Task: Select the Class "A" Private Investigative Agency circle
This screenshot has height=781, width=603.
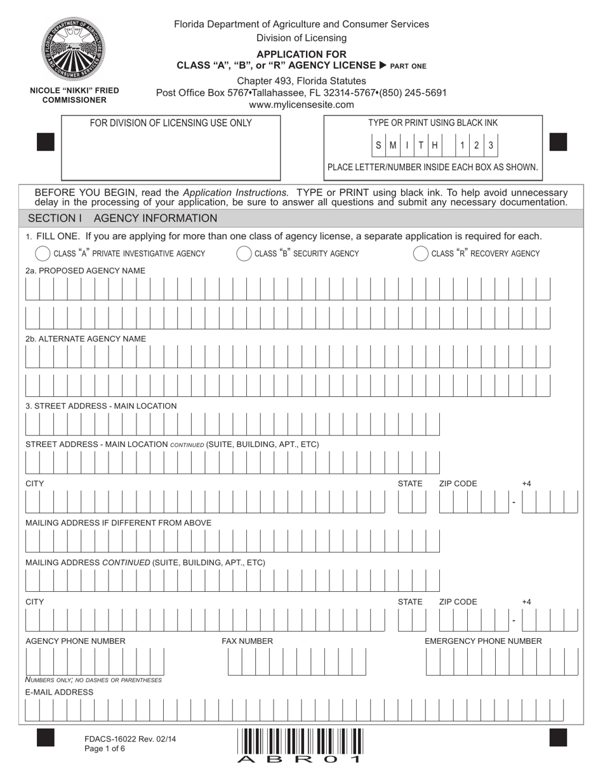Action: click(43, 253)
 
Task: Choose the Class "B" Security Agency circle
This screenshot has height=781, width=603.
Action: click(244, 253)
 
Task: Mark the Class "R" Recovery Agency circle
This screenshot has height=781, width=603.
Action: click(421, 253)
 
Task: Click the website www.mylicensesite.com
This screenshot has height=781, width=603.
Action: click(301, 105)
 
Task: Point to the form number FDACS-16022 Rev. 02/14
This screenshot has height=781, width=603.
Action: click(130, 738)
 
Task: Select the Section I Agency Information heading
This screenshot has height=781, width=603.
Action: click(123, 218)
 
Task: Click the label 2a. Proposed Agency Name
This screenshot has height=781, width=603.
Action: click(85, 270)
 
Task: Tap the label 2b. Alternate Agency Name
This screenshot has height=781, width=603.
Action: click(86, 338)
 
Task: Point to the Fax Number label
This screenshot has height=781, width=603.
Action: click(247, 641)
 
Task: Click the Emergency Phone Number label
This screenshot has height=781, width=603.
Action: click(483, 641)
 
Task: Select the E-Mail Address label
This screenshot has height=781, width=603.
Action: click(59, 692)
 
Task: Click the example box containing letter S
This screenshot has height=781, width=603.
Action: click(379, 145)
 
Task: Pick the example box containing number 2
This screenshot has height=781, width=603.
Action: click(477, 145)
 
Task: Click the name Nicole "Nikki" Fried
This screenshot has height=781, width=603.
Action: click(74, 91)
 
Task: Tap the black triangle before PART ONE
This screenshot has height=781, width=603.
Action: click(383, 65)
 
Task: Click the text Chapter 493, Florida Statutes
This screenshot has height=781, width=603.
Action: click(301, 81)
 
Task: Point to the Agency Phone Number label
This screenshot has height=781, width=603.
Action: click(76, 641)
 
